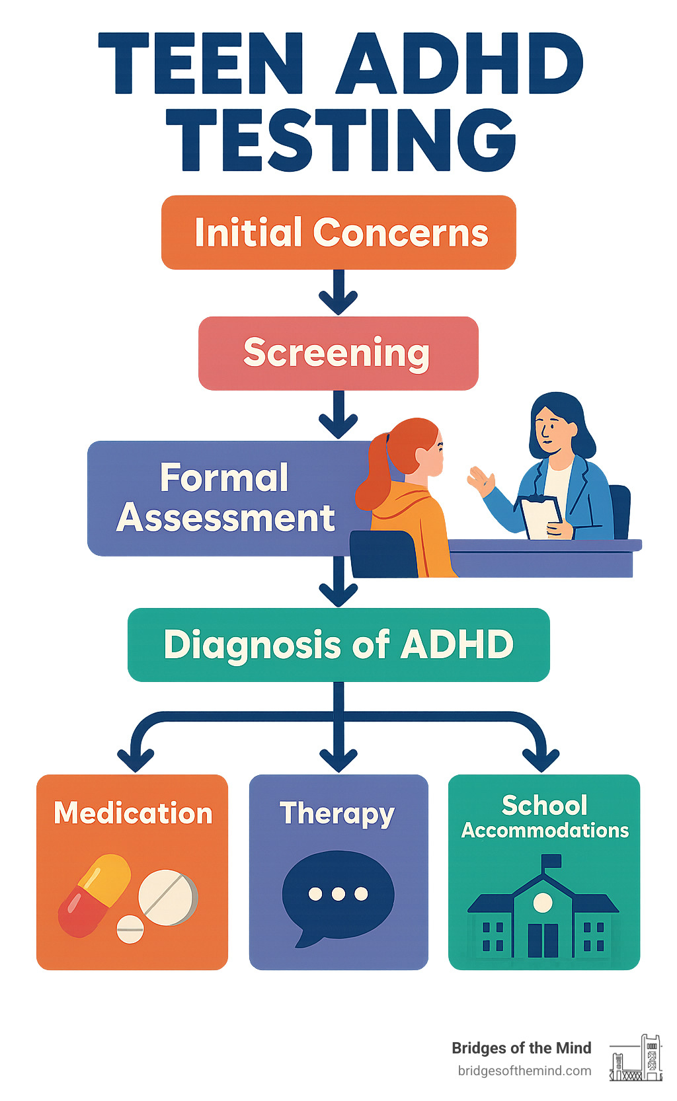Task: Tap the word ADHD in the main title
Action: click(x=459, y=64)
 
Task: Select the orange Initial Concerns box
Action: click(x=338, y=232)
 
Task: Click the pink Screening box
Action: click(x=338, y=353)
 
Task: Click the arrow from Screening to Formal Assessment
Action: click(x=338, y=415)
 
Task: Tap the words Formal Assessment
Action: click(x=225, y=498)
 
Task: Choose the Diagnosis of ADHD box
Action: click(x=338, y=644)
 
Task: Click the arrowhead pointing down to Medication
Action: click(x=136, y=759)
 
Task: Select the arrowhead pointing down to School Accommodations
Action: click(x=541, y=759)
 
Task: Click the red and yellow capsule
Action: click(x=94, y=895)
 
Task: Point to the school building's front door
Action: click(x=543, y=940)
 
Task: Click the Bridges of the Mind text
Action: click(x=521, y=1047)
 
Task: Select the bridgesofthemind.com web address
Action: click(x=524, y=1071)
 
